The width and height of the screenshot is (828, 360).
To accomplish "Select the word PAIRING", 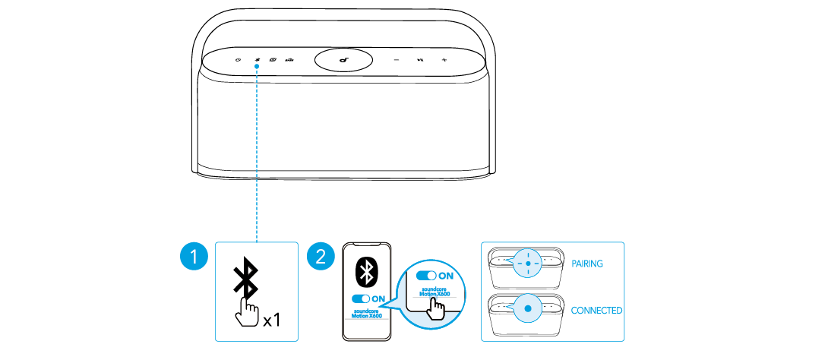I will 586,264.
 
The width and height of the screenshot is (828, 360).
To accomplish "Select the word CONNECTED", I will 596,311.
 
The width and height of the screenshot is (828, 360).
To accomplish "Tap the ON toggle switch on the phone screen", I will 361,298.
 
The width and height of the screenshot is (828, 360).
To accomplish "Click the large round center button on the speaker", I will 345,60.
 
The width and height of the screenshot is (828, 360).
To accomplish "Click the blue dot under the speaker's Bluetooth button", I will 258,66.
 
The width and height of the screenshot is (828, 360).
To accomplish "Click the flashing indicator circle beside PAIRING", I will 528,264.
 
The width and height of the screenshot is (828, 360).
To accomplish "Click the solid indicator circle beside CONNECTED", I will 528,310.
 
